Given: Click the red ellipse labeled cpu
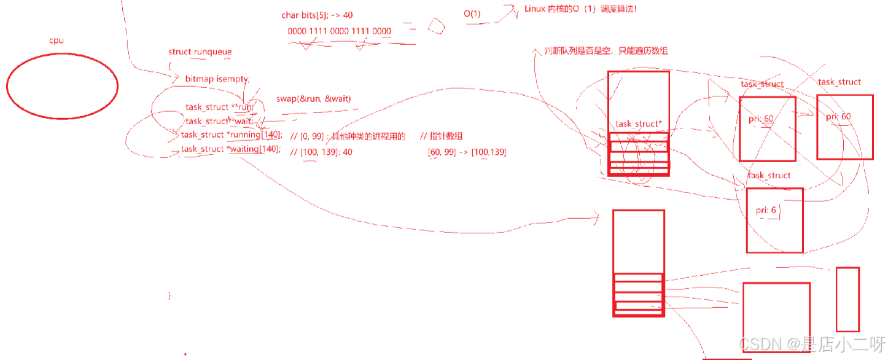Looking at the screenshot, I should (x=62, y=85).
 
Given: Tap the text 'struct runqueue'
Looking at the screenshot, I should (x=200, y=52).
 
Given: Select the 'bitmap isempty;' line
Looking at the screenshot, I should (x=217, y=79).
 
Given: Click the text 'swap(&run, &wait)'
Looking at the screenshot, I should (x=313, y=99).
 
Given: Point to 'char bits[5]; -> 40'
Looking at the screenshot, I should (x=317, y=15).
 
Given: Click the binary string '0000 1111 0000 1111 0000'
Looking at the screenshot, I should (x=339, y=31).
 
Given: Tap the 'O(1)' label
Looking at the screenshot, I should (x=472, y=14).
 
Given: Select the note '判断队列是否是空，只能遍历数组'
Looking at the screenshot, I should (x=606, y=52).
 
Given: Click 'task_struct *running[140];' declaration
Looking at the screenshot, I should (x=232, y=135).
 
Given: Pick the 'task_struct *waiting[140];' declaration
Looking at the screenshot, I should (x=231, y=149).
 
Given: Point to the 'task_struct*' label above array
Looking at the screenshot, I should (x=639, y=124).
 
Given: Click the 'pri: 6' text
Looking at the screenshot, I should (x=766, y=210).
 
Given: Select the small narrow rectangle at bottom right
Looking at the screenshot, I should (x=847, y=299).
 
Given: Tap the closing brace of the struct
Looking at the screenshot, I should (x=169, y=295).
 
